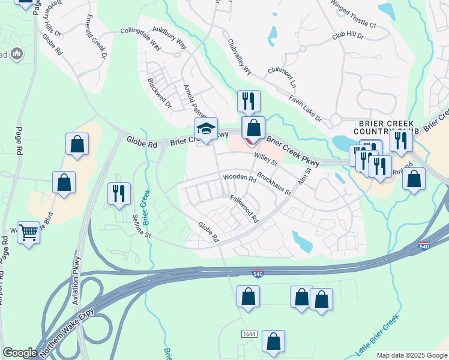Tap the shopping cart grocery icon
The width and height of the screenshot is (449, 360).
point(29,232)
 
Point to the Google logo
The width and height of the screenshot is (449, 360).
point(20,352)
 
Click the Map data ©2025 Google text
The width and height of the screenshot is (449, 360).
point(412,355)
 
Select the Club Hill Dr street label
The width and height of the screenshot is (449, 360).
point(348,37)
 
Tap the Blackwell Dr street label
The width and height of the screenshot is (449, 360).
point(159,92)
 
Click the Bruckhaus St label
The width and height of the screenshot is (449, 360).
point(274,185)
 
